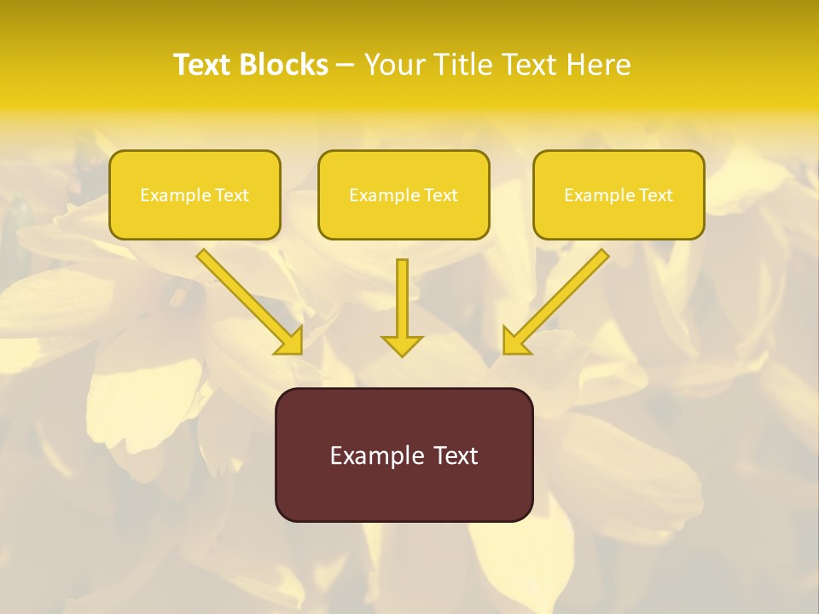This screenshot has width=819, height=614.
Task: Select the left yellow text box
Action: point(195,194)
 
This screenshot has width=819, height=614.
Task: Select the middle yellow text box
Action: point(404,194)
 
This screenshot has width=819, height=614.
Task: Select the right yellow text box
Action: point(619,194)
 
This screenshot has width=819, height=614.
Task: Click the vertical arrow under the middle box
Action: point(402,298)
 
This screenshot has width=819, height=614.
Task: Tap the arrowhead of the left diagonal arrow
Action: point(290,342)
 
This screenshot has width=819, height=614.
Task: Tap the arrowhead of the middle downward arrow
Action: point(402,345)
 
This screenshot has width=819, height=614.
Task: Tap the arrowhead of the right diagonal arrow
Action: point(514,342)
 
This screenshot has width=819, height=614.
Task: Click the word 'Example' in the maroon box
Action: point(372,455)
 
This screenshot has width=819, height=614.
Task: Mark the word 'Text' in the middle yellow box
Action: point(440,195)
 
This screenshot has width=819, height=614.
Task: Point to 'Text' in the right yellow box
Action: point(655,195)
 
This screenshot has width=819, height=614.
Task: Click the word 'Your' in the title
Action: point(393,65)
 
